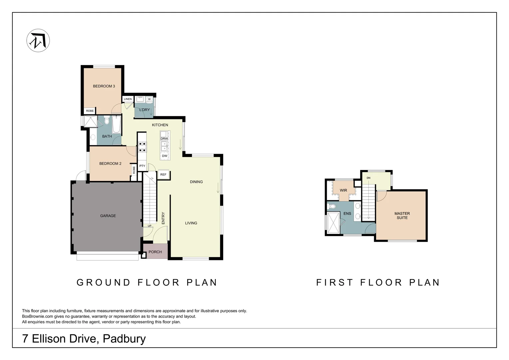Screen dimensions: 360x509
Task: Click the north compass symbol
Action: click(38, 40)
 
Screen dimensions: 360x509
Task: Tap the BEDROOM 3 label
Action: click(104, 86)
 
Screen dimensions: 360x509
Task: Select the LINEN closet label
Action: click(128, 99)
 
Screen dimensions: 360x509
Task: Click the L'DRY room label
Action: click(145, 110)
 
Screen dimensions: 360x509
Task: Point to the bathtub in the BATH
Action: click(116, 125)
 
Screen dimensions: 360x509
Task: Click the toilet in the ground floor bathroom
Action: click(107, 120)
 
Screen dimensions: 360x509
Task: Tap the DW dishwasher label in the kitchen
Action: click(165, 156)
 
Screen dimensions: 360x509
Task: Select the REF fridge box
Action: click(163, 175)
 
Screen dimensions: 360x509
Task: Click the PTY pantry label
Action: click(142, 166)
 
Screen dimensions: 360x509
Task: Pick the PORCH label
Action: click(155, 252)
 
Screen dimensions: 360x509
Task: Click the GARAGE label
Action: click(108, 216)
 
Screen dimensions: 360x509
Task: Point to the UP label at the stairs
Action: click(150, 226)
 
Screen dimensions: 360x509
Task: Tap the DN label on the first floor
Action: click(368, 178)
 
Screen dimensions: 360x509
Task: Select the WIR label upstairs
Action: click(343, 191)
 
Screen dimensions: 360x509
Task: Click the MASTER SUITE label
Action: click(402, 216)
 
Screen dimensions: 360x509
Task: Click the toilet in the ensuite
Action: click(332, 206)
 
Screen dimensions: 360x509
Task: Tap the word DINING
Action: click(196, 182)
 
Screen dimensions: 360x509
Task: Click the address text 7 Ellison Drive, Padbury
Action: click(84, 339)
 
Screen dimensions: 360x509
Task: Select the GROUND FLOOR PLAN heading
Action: click(147, 283)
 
